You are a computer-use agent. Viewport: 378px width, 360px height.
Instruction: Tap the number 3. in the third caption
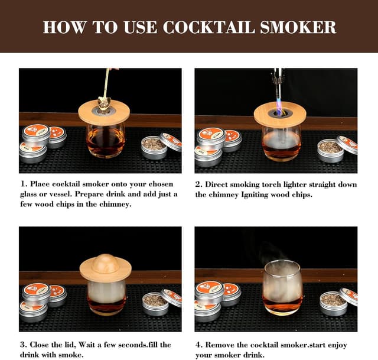click(23, 345)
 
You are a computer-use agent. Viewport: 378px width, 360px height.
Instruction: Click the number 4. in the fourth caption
click(199, 345)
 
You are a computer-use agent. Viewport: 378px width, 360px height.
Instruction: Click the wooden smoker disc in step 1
click(104, 113)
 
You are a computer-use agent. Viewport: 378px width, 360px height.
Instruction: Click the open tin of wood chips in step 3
click(155, 303)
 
